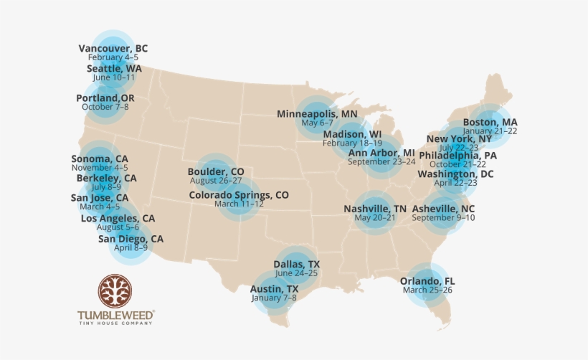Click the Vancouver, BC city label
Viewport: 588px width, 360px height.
tap(113, 48)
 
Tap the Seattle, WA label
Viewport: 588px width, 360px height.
tap(114, 68)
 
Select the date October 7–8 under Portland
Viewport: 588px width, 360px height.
tap(105, 107)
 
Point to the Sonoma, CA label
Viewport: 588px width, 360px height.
tap(100, 158)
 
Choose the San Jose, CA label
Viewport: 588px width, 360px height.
tap(100, 197)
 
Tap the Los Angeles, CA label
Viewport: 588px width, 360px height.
tap(118, 218)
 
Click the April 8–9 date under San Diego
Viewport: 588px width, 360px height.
tap(131, 247)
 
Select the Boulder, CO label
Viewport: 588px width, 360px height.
tap(215, 171)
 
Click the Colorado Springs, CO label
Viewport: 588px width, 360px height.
tap(239, 194)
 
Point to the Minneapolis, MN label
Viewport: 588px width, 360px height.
tap(317, 113)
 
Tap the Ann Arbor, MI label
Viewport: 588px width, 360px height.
tap(381, 153)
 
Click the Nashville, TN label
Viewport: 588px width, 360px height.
tap(374, 209)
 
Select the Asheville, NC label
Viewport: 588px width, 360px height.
tap(443, 209)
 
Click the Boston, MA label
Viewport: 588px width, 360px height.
tap(490, 122)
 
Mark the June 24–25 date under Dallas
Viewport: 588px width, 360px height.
tap(296, 273)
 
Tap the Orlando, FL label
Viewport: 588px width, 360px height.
tap(427, 280)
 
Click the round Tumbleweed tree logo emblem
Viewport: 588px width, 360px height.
tap(115, 292)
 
